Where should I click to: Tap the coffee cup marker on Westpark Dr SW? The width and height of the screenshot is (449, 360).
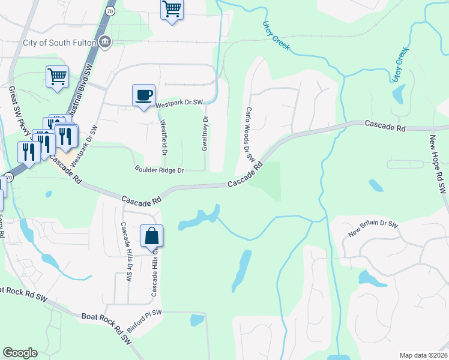click(143, 95)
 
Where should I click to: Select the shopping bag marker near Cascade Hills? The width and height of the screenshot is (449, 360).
click(151, 236)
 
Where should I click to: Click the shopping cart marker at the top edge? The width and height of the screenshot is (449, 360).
click(172, 10)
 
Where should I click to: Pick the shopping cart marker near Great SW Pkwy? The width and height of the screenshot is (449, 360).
click(57, 77)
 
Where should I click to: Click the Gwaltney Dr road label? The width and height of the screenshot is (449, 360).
click(205, 134)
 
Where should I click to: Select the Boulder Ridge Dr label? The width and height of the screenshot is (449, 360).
click(158, 170)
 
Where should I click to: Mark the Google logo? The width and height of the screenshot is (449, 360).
click(20, 353)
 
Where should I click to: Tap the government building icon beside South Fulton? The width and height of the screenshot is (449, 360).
click(105, 42)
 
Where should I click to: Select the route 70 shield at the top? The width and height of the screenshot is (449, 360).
click(109, 11)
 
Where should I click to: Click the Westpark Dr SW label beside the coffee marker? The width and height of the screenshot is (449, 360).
click(179, 104)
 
